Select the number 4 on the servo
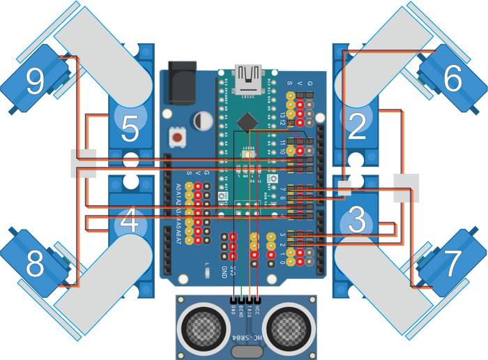coord(129,223)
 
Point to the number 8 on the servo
coord(33,266)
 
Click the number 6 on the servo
coord(452,81)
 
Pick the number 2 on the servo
coord(357,127)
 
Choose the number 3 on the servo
coord(356,223)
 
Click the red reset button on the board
coord(179,137)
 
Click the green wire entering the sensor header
coord(241,293)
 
